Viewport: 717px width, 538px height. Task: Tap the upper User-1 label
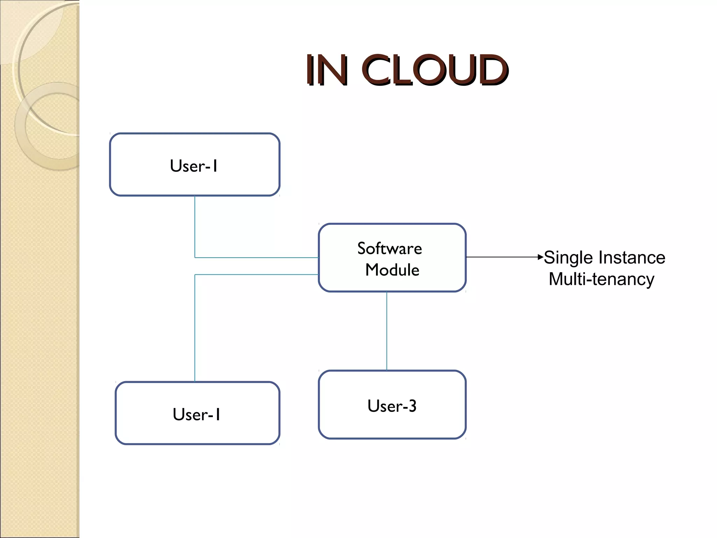tap(194, 166)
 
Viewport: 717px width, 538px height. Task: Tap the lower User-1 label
tap(196, 414)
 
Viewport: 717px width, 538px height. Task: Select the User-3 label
tap(392, 406)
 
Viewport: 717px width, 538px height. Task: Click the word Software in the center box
tap(389, 249)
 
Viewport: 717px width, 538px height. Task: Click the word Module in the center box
tap(392, 270)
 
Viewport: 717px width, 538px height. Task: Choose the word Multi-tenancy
tap(601, 279)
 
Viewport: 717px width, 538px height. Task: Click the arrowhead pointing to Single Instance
tap(541, 257)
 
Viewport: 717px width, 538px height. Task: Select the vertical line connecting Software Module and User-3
tap(387, 331)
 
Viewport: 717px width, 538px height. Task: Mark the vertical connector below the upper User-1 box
tap(195, 226)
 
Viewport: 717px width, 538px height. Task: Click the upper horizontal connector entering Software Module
tap(256, 257)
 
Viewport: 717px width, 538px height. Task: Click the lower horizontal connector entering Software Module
tap(256, 275)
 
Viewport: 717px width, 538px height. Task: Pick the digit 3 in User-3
tap(412, 406)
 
